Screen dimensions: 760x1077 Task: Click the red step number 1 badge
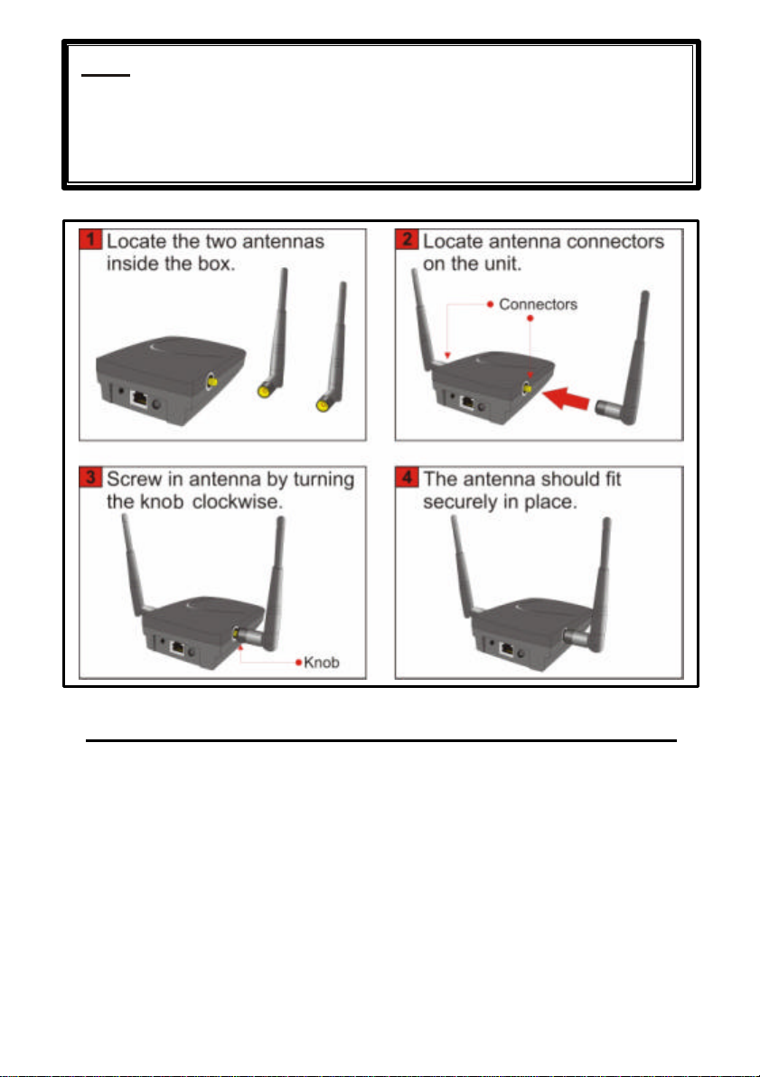(90, 240)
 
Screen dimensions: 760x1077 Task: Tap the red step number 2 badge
(407, 240)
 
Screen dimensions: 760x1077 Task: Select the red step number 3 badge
(90, 478)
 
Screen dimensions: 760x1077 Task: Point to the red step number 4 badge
(407, 478)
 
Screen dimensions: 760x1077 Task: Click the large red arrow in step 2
(566, 398)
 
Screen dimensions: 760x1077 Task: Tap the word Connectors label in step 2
(538, 304)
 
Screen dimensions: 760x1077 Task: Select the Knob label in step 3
(321, 662)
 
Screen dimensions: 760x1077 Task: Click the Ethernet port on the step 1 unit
(139, 398)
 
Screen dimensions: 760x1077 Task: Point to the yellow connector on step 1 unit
(211, 380)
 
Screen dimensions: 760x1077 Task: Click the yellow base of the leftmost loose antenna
(263, 392)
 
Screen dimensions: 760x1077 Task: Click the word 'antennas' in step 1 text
(284, 241)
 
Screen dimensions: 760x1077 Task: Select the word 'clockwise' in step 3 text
(236, 501)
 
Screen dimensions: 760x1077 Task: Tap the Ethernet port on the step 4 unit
(507, 647)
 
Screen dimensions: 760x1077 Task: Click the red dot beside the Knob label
(298, 662)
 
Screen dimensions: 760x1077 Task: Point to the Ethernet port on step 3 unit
(177, 647)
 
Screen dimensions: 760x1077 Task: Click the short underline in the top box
(105, 74)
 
